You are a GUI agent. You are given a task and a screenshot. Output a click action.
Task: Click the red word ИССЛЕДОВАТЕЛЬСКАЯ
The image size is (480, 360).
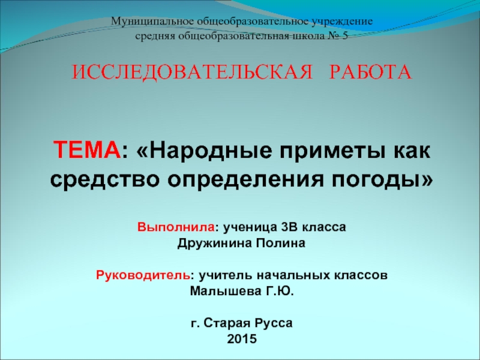(x=193, y=73)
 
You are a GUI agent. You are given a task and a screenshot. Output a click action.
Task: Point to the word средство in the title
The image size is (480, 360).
(x=104, y=178)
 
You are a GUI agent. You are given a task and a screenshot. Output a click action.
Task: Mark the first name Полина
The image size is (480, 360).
(x=281, y=244)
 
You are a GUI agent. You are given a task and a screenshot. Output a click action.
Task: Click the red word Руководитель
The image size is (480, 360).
(x=143, y=276)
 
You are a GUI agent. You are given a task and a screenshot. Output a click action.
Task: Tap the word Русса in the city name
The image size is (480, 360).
(x=274, y=323)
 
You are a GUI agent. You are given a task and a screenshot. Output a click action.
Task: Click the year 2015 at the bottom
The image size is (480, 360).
(x=241, y=339)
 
